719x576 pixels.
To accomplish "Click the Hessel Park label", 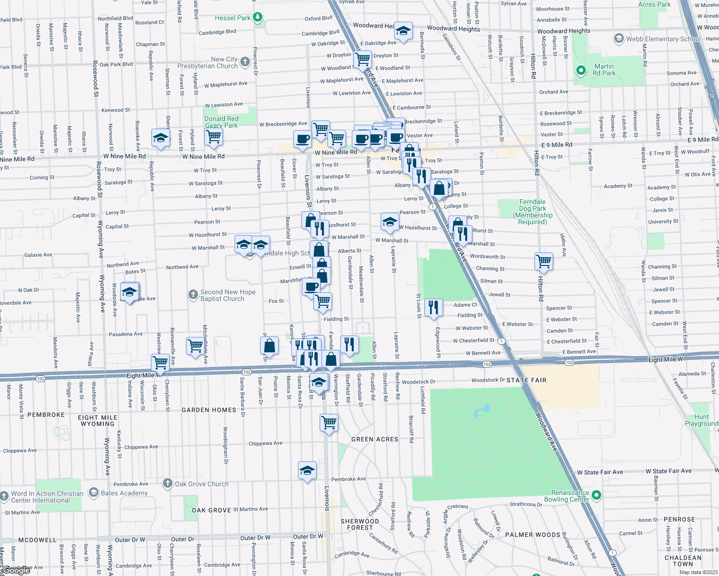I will (x=233, y=18).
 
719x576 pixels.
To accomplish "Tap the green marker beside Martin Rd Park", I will (x=581, y=71).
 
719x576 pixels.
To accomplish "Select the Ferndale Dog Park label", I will (x=533, y=212).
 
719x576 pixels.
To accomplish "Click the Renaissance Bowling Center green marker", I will (x=596, y=494).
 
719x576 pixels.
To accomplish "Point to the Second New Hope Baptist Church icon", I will (x=193, y=295).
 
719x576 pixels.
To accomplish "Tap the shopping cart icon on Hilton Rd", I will (x=544, y=262).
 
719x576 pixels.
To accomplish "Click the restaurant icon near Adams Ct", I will (x=434, y=307).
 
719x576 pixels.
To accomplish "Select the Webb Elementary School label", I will (x=663, y=39).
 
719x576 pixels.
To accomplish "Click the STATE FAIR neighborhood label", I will (x=526, y=380).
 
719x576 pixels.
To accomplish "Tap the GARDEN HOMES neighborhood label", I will (x=209, y=410).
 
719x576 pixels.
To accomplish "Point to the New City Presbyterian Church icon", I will (x=245, y=61).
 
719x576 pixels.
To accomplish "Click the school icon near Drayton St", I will (x=403, y=32).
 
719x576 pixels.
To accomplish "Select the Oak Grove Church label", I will (x=201, y=484).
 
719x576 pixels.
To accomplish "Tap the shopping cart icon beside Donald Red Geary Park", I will (x=213, y=137).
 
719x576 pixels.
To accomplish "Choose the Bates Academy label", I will (x=124, y=493).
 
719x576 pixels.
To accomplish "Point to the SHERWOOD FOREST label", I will (x=359, y=524).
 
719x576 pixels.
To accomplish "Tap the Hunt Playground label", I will (x=701, y=420).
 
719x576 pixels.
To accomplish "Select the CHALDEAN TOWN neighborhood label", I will (x=682, y=561).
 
